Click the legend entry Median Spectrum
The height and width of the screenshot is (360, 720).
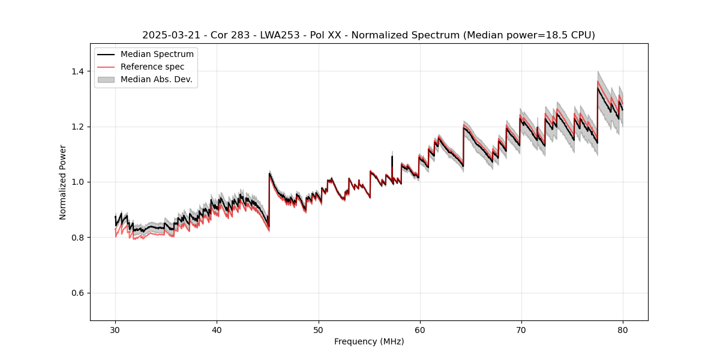pyautogui.click(x=157, y=55)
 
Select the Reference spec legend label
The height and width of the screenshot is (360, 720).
pyautogui.click(x=152, y=67)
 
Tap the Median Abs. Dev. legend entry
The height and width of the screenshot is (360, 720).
pyautogui.click(x=156, y=79)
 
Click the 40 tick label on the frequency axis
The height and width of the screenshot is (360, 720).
pyautogui.click(x=217, y=330)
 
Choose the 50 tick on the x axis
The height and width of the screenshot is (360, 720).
pyautogui.click(x=318, y=330)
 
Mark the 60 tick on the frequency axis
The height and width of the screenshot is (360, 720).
pyautogui.click(x=419, y=330)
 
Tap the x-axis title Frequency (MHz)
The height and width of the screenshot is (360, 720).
pyautogui.click(x=369, y=341)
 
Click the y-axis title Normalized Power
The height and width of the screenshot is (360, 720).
pyautogui.click(x=63, y=182)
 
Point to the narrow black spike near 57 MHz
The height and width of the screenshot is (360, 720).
pyautogui.click(x=392, y=160)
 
